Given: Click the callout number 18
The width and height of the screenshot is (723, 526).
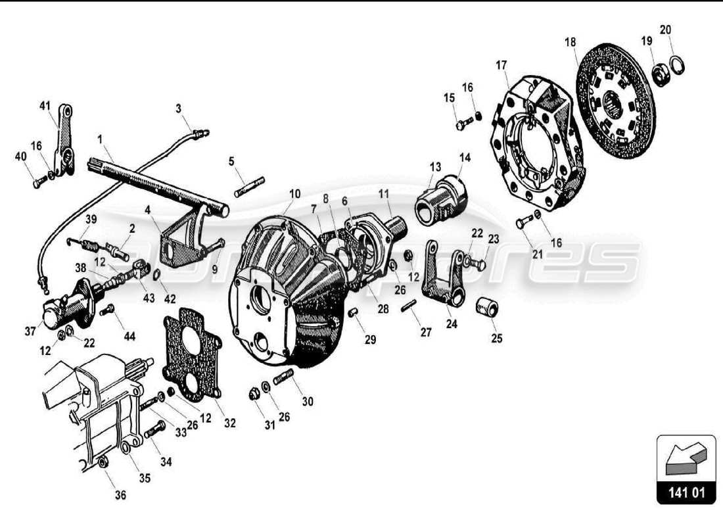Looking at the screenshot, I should [x=570, y=42].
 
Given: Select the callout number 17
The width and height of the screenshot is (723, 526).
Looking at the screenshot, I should [x=501, y=65].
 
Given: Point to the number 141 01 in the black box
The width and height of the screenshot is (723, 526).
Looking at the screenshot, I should [x=685, y=492].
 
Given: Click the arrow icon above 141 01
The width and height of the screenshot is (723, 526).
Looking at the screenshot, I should [x=685, y=458].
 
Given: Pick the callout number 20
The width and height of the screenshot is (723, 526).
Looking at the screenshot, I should [x=665, y=30].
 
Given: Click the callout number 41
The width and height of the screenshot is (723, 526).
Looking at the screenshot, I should [x=45, y=106].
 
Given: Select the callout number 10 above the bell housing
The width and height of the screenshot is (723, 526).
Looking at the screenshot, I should [x=294, y=194].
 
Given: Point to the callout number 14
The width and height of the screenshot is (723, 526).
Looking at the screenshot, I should [x=465, y=157].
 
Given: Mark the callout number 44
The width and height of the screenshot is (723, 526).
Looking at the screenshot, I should [x=129, y=336].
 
